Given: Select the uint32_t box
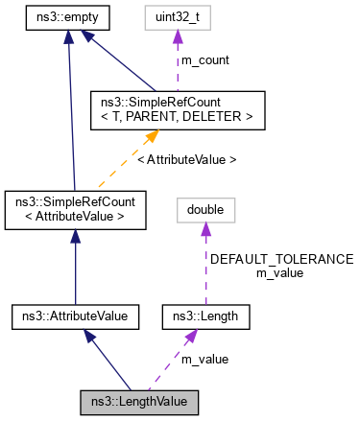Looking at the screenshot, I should pyautogui.click(x=178, y=17).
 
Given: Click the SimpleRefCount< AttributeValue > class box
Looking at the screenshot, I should pyautogui.click(x=74, y=209).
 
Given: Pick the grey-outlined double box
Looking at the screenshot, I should pyautogui.click(x=204, y=209).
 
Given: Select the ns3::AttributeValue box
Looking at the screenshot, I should pyautogui.click(x=76, y=314).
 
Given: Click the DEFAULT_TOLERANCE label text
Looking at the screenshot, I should pyautogui.click(x=281, y=259).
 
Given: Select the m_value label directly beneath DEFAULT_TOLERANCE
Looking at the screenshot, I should pyautogui.click(x=280, y=272).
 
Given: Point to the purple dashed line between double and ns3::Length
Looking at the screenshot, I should pyautogui.click(x=204, y=269).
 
